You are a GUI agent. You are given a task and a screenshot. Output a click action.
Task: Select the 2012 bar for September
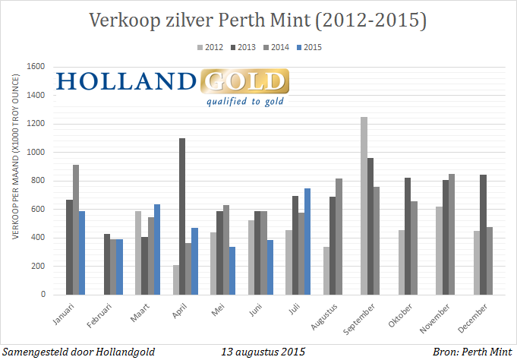click(364, 206)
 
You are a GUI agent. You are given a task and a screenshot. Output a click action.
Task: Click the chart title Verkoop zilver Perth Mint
click(258, 21)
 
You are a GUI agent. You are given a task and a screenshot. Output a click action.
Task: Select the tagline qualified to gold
click(244, 101)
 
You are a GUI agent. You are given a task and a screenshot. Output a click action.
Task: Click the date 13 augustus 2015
click(263, 352)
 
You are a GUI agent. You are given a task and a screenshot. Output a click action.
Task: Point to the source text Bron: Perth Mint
click(470, 352)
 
